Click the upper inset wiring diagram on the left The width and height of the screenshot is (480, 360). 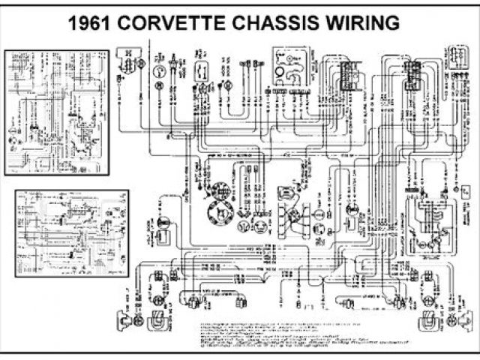[58, 112]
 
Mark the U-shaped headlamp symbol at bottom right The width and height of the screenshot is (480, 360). [433, 320]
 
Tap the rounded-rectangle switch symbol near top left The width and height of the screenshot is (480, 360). [202, 71]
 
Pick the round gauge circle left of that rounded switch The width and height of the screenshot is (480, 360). [160, 71]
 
